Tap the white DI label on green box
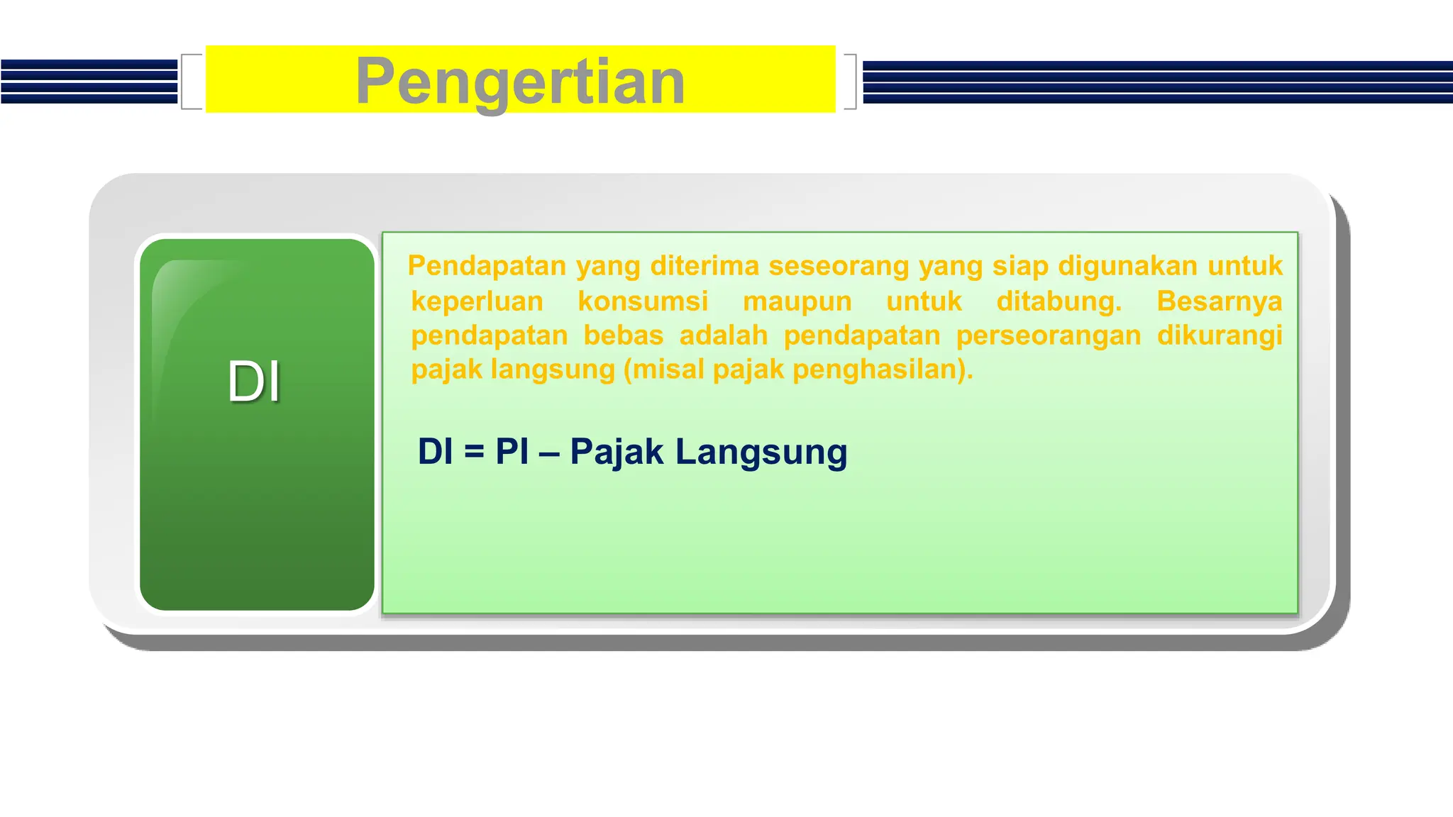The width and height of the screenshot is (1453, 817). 254,382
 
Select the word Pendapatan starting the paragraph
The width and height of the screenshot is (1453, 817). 487,266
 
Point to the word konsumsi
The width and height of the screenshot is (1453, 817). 643,301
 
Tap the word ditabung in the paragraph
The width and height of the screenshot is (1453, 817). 1058,301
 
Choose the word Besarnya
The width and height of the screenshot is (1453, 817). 1219,301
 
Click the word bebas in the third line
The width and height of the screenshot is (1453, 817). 623,335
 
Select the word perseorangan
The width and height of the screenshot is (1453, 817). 1048,335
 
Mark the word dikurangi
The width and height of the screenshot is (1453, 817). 1219,335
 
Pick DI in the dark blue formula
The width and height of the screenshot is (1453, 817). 435,452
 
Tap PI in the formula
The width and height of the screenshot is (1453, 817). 512,452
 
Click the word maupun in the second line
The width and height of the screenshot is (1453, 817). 797,301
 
